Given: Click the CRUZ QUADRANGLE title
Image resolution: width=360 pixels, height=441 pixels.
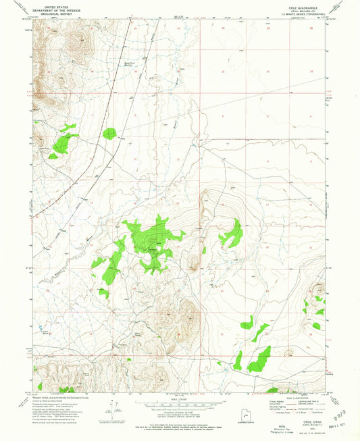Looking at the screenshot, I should click(x=295, y=5).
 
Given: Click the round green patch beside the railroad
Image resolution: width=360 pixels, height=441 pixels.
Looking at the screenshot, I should click(x=109, y=133).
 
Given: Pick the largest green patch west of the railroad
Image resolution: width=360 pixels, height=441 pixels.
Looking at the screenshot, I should click(x=65, y=141).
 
